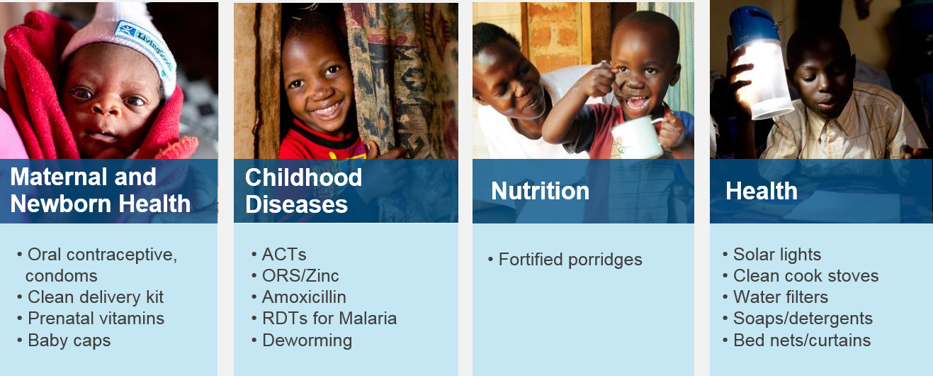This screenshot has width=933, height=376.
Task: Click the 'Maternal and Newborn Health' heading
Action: click(x=100, y=190)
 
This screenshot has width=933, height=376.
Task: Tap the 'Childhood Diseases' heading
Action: click(x=303, y=191)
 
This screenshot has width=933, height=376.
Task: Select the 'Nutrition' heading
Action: click(x=540, y=191)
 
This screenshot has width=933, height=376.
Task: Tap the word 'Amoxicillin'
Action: click(x=304, y=297)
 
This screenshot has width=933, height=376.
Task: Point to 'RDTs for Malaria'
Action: click(x=329, y=319)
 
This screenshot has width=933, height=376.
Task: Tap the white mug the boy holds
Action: click(x=638, y=136)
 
